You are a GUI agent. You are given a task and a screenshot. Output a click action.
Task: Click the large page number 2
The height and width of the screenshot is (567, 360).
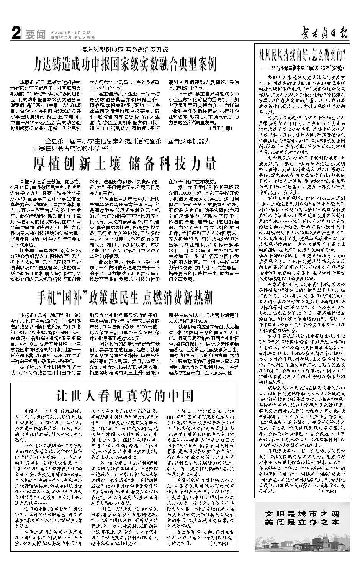(x=16, y=34)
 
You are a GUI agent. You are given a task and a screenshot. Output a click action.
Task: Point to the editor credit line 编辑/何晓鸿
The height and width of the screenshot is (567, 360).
(x=61, y=37)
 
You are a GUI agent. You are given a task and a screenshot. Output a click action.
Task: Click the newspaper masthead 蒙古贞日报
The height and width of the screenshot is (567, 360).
(x=318, y=34)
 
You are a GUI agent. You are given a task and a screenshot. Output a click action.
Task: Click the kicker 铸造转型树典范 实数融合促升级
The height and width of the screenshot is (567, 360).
(x=124, y=49)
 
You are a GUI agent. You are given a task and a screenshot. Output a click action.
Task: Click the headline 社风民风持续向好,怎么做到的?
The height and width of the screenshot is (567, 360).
(x=302, y=54)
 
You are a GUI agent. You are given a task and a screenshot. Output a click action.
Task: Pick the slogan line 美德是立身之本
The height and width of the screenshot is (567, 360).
(x=302, y=522)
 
